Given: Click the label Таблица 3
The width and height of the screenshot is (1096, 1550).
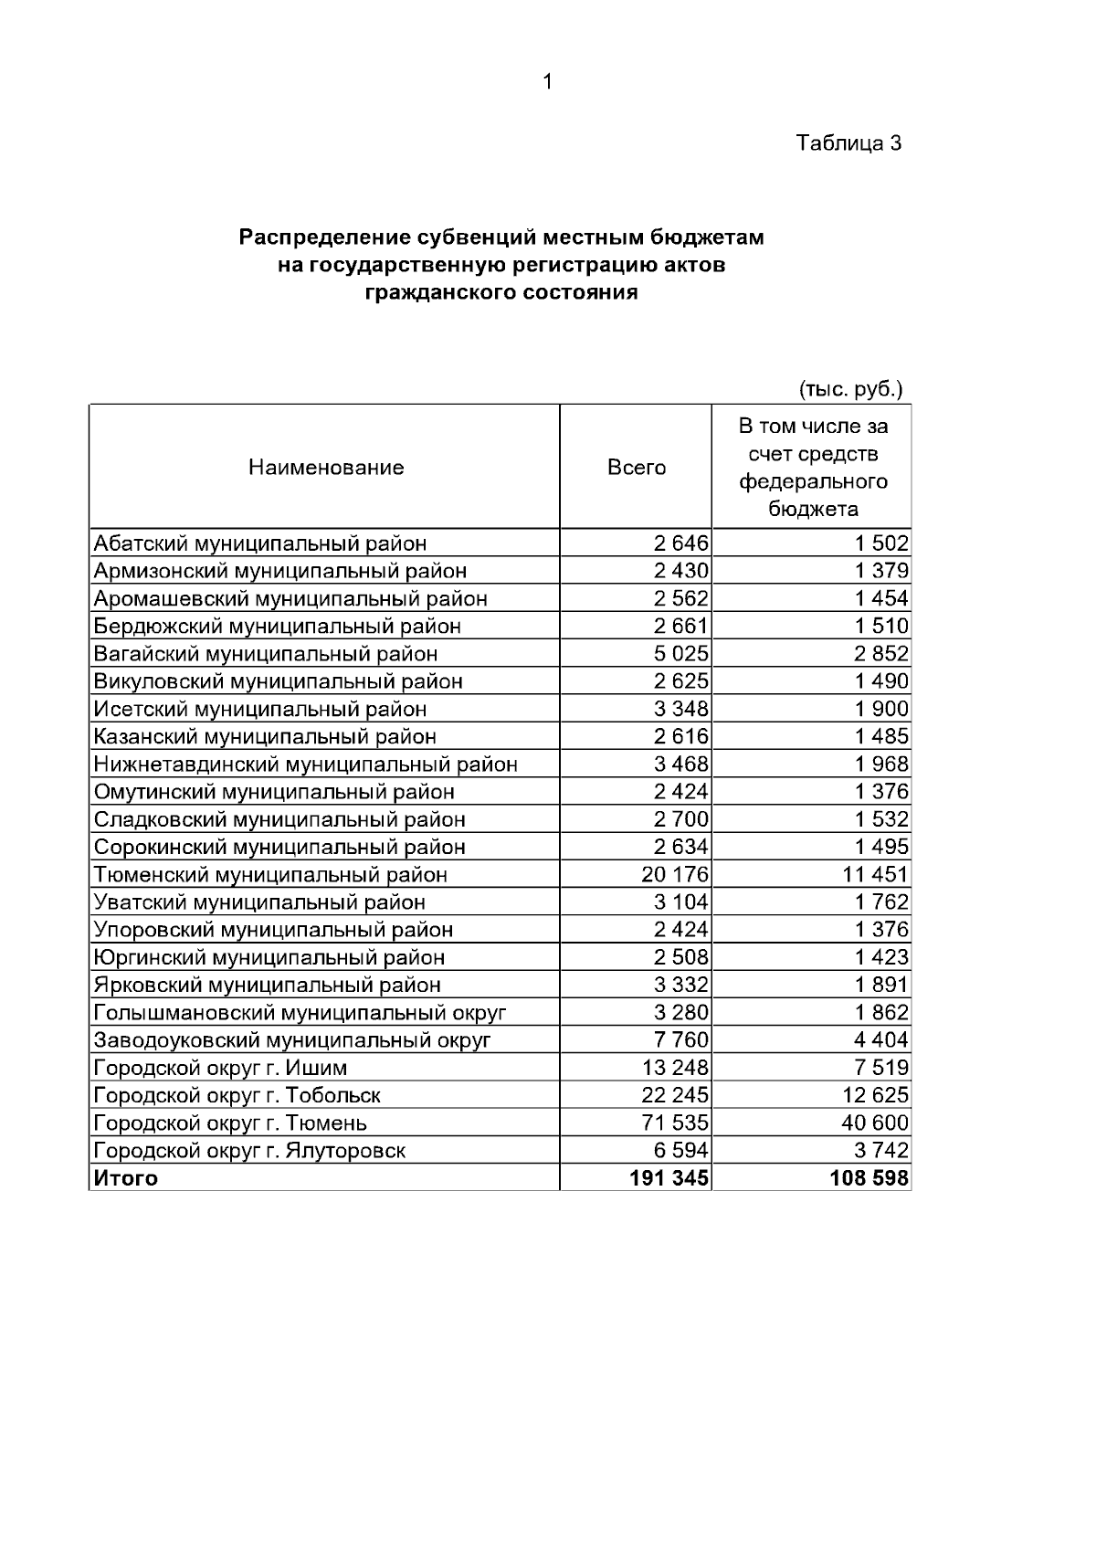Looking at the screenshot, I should coord(848,143).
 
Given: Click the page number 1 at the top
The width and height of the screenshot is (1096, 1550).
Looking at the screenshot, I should coord(547,83).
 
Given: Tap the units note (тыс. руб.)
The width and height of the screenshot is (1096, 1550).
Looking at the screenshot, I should coord(850,389).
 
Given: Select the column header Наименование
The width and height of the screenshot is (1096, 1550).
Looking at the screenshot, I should coord(326,468).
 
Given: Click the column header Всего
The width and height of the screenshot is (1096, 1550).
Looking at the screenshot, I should coord(637,468).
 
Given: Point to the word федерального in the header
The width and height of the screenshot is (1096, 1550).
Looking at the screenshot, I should coord(813,481).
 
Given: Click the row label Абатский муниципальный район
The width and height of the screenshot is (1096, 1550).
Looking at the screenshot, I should coord(260,543).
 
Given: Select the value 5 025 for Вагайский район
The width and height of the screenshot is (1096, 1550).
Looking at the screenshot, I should coord(680,654).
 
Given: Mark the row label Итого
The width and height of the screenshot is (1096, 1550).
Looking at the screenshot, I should coord(126,1178).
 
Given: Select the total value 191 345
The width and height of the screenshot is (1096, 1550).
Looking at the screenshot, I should coord(669,1178).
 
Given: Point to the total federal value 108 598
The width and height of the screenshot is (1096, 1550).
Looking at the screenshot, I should coord(869,1178).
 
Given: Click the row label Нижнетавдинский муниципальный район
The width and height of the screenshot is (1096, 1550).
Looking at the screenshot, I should coord(306,764).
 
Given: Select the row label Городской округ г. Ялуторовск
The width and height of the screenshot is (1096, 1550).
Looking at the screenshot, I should coord(249,1151).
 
